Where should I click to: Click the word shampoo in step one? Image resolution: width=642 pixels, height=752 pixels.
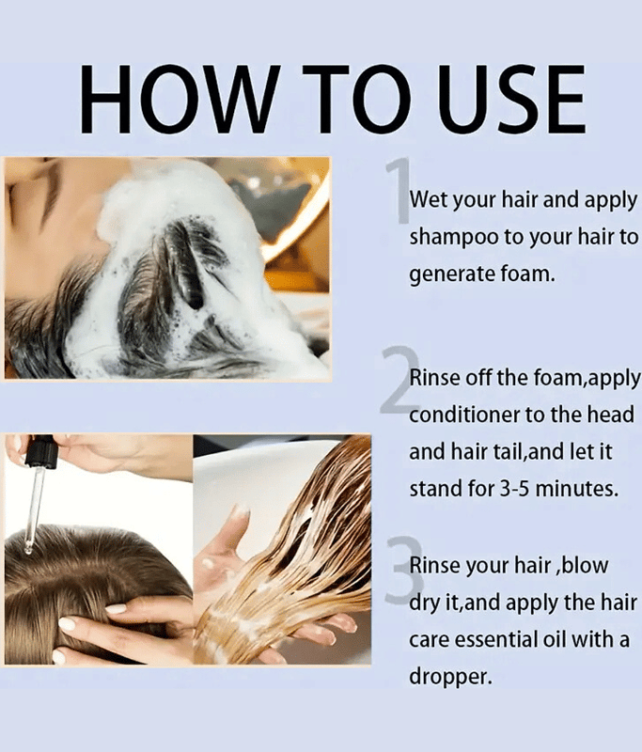[454, 238]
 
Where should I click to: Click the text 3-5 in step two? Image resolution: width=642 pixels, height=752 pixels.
[515, 489]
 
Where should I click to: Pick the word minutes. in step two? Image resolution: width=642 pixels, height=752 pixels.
[576, 489]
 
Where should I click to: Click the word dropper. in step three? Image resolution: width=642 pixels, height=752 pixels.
[450, 678]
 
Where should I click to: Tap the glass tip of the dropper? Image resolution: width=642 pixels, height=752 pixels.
[29, 546]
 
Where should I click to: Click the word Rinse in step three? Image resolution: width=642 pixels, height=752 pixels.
[435, 566]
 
